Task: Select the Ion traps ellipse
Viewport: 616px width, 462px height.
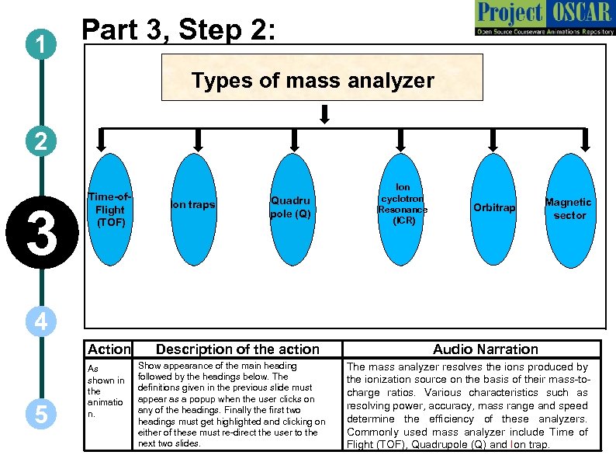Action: pos(192,206)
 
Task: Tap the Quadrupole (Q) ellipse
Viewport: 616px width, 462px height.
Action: pos(290,207)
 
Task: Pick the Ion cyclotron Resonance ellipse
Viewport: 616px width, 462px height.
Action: pos(402,205)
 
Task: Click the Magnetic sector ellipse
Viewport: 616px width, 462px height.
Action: pos(569,209)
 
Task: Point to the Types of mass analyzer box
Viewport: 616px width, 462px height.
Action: pos(321,78)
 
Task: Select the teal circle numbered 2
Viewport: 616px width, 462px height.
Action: pos(40,141)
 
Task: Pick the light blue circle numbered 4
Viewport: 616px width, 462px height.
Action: pos(40,321)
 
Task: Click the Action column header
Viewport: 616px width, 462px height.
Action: pos(109,349)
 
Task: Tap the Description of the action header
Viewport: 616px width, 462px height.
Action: pos(237,349)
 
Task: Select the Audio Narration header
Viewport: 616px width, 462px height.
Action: pos(485,349)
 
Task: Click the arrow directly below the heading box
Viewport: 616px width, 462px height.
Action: pos(325,113)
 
